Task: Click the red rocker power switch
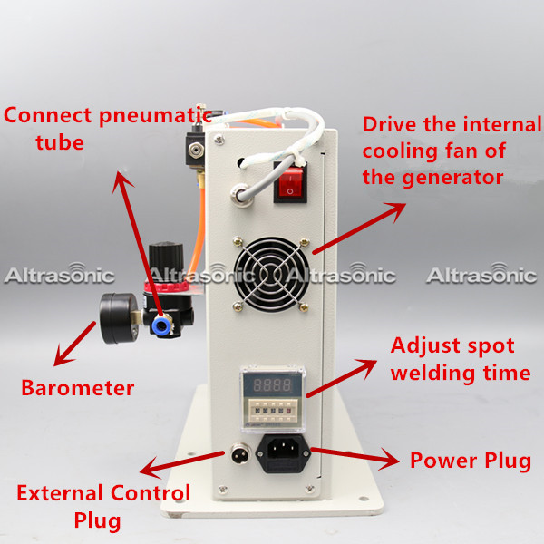click(290, 182)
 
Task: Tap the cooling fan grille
click(271, 274)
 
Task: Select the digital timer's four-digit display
click(272, 384)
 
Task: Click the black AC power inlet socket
click(283, 454)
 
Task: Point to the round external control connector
click(240, 452)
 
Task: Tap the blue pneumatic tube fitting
click(161, 325)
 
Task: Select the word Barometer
click(78, 388)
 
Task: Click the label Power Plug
click(471, 461)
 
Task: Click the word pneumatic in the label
click(155, 117)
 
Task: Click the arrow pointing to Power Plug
click(355, 457)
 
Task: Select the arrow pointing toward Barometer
click(74, 344)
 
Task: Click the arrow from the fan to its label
click(359, 228)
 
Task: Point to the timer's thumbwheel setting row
click(272, 411)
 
